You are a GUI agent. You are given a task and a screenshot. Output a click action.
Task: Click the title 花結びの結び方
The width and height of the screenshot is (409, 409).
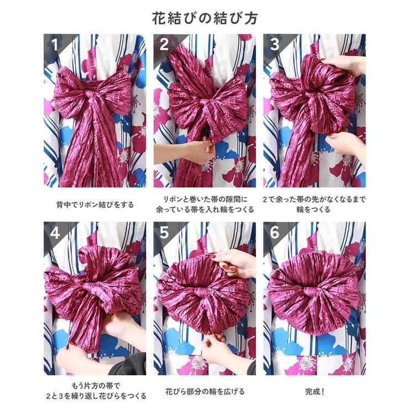[x=204, y=18]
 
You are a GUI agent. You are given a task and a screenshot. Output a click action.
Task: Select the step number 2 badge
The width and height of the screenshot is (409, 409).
[x=164, y=44]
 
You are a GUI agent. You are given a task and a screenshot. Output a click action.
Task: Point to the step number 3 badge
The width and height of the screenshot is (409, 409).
[x=274, y=44]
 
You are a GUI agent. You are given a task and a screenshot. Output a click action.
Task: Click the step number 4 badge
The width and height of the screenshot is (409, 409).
[x=54, y=233]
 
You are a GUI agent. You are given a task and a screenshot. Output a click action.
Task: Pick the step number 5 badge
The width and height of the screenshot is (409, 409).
[x=164, y=233]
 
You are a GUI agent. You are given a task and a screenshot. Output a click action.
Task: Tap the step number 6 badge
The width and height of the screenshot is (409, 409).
[x=275, y=233]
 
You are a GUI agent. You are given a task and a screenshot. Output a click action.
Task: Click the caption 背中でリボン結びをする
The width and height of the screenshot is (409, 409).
[x=95, y=204]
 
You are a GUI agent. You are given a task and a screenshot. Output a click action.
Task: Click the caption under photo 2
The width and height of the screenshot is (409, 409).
[x=204, y=204]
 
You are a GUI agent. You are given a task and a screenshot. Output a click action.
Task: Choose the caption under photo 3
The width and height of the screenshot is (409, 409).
[x=314, y=204]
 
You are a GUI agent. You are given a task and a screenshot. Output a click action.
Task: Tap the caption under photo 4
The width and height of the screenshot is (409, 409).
[x=95, y=391]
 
